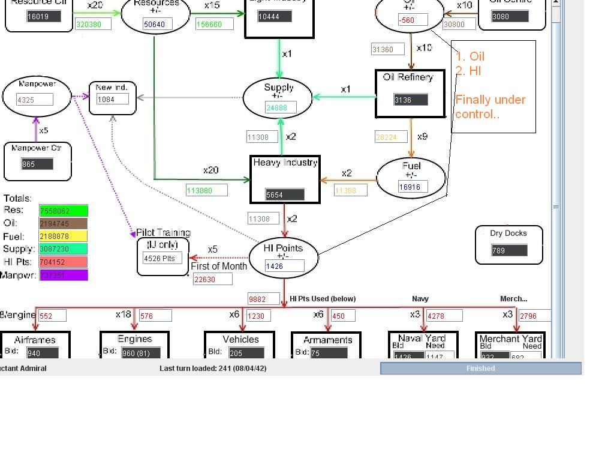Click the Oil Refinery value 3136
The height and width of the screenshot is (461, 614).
(x=411, y=100)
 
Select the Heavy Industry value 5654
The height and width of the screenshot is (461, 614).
(x=285, y=194)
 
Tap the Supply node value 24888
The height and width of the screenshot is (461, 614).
(x=281, y=107)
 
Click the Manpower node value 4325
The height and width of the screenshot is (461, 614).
(x=35, y=100)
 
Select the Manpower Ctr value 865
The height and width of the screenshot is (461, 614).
(x=37, y=164)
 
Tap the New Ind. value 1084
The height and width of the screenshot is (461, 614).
(x=113, y=99)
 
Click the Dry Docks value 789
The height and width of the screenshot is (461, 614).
(x=509, y=250)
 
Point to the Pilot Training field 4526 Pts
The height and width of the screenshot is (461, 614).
(x=162, y=258)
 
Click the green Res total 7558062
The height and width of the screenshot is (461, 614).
(x=64, y=211)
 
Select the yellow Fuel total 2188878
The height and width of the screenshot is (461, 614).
(x=64, y=237)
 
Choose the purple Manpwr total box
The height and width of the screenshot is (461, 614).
(x=64, y=275)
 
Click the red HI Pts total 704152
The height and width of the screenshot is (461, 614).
(x=64, y=262)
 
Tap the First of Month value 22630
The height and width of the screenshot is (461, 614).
(x=212, y=279)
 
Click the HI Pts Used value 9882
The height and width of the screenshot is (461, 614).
(x=265, y=299)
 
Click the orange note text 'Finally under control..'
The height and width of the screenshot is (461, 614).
(x=490, y=107)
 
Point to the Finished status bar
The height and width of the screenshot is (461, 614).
(x=480, y=368)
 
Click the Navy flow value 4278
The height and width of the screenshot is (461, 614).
(x=444, y=316)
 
